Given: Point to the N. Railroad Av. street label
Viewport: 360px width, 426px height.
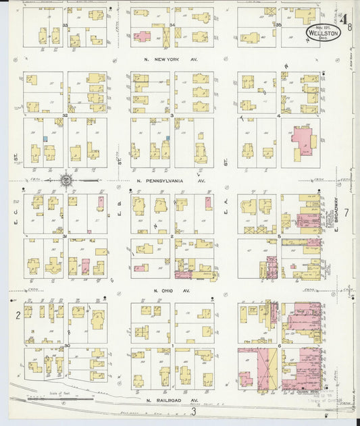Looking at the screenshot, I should click(172, 400).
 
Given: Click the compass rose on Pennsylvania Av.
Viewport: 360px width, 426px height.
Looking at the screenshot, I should click(66, 180).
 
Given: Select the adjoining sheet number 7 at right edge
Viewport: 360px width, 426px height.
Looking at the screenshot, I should click(346, 213).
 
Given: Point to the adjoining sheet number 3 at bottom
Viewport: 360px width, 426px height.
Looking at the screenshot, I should click(193, 411).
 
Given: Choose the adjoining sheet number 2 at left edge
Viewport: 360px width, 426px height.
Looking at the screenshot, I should click(18, 315).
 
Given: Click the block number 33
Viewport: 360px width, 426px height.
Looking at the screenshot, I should click(66, 25).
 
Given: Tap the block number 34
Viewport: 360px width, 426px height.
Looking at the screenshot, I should click(173, 25).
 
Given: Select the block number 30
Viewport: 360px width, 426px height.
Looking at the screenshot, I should click(66, 346).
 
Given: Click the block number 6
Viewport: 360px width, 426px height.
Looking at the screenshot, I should click(279, 346).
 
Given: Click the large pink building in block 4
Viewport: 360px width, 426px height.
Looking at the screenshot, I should click(305, 143).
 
